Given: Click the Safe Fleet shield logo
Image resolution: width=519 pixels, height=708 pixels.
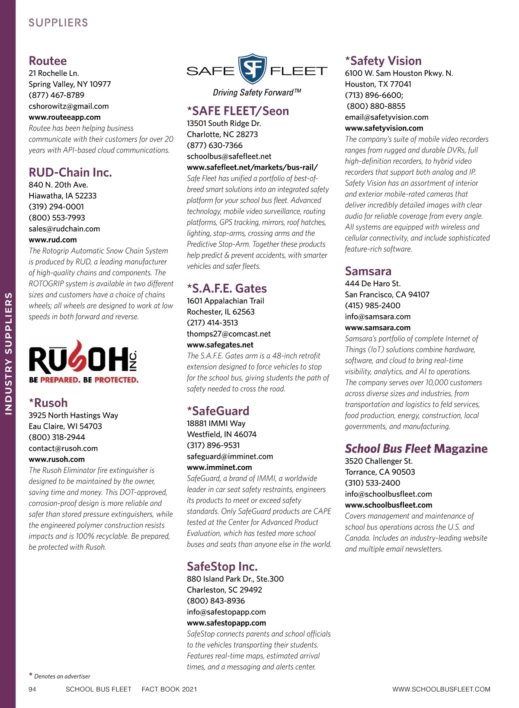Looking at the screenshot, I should pyautogui.click(x=253, y=69).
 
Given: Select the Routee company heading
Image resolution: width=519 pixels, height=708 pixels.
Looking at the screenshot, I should pyautogui.click(x=48, y=61).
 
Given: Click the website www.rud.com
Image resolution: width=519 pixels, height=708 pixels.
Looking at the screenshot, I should pyautogui.click(x=53, y=240).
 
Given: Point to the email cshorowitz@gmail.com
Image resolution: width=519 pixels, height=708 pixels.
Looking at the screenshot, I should pyautogui.click(x=69, y=106).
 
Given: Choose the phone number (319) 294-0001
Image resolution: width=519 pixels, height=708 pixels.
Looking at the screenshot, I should pyautogui.click(x=56, y=207).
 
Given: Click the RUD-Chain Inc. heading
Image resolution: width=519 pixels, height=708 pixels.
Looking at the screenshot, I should pyautogui.click(x=70, y=172).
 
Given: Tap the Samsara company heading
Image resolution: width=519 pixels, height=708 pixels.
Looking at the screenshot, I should pyautogui.click(x=368, y=271).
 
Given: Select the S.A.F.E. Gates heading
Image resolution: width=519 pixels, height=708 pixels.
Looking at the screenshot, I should pyautogui.click(x=227, y=289).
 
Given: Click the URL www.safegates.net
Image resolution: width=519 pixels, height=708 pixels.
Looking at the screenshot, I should pyautogui.click(x=220, y=345).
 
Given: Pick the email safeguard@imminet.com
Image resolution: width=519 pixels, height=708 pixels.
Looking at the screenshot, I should pyautogui.click(x=230, y=456).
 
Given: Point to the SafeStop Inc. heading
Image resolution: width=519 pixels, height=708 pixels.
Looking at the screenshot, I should pyautogui.click(x=222, y=567).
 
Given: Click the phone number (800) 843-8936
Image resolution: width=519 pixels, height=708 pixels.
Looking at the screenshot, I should pyautogui.click(x=216, y=601).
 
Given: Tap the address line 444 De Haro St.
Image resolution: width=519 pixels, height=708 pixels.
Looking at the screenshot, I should pyautogui.click(x=373, y=284).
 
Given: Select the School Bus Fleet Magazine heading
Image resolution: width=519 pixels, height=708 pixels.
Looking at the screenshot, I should pyautogui.click(x=416, y=449).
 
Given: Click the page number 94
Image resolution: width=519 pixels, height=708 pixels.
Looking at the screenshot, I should pyautogui.click(x=32, y=689).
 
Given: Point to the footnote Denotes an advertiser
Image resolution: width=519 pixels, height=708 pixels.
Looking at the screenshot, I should pyautogui.click(x=62, y=676).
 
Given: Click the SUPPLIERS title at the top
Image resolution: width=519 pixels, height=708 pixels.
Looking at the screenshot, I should pyautogui.click(x=58, y=23).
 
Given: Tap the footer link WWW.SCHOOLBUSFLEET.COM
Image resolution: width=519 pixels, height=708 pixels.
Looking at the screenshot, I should pyautogui.click(x=441, y=689).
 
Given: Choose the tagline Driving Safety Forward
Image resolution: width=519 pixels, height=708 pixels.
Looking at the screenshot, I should pyautogui.click(x=256, y=92).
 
